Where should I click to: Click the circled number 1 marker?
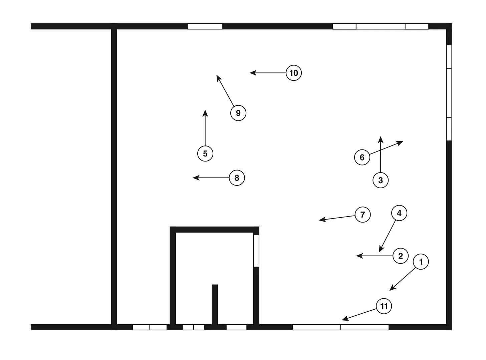pyautogui.click(x=421, y=262)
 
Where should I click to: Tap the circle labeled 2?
pyautogui.click(x=401, y=256)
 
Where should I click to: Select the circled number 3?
pyautogui.click(x=381, y=180)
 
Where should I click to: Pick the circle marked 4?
pyautogui.click(x=399, y=213)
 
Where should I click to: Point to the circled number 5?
pyautogui.click(x=205, y=153)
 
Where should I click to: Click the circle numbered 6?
pyautogui.click(x=362, y=157)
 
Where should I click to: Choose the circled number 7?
pyautogui.click(x=363, y=215)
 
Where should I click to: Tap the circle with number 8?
pyautogui.click(x=237, y=178)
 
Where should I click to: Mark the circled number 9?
pyautogui.click(x=238, y=113)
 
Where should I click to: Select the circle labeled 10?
pyautogui.click(x=294, y=73)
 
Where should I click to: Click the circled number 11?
pyautogui.click(x=384, y=306)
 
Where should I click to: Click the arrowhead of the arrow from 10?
pyautogui.click(x=250, y=73)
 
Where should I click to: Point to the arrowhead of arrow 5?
pyautogui.click(x=205, y=110)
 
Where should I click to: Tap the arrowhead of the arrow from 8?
pyautogui.click(x=193, y=178)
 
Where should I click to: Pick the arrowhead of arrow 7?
pyautogui.click(x=319, y=220)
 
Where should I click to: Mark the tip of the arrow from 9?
pyautogui.click(x=217, y=76)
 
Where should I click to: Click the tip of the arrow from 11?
pyautogui.click(x=342, y=320)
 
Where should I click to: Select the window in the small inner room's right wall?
pyautogui.click(x=256, y=251)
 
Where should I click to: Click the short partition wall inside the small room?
pyautogui.click(x=215, y=304)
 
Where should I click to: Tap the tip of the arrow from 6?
pyautogui.click(x=403, y=142)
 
